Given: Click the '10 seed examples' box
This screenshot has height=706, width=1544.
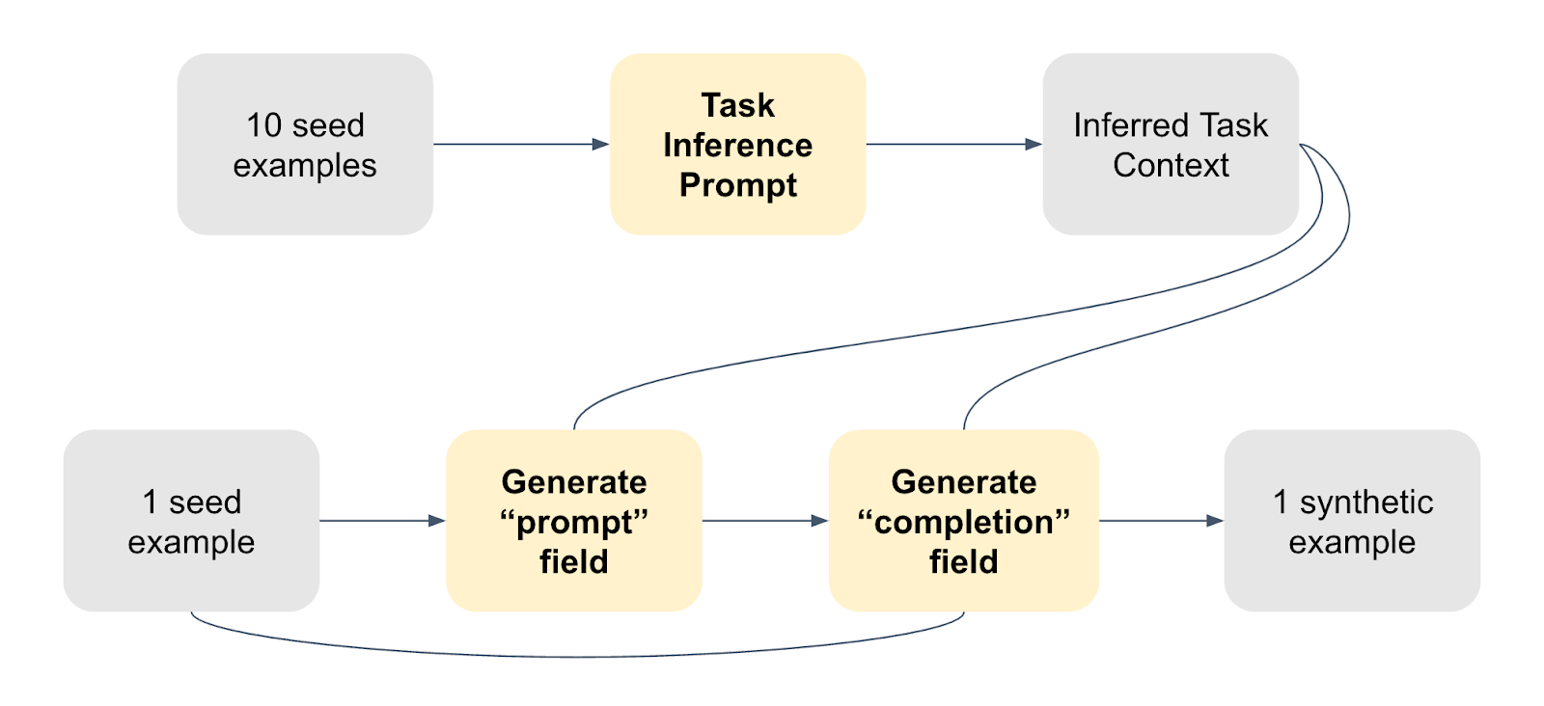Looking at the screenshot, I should (x=305, y=145).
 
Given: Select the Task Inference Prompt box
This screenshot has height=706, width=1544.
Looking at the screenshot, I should (x=737, y=145).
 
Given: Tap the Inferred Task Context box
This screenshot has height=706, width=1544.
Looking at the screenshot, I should (x=1170, y=145).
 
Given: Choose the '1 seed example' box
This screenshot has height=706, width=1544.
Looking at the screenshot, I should (x=191, y=521).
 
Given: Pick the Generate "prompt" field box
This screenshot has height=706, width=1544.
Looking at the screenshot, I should (x=573, y=521).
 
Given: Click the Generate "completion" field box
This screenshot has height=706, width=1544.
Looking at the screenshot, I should (x=963, y=521).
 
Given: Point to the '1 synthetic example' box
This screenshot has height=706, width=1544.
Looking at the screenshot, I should (x=1351, y=521).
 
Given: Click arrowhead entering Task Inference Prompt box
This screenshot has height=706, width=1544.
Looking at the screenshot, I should (x=601, y=145).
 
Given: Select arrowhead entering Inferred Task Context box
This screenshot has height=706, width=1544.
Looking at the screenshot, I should (x=1034, y=145).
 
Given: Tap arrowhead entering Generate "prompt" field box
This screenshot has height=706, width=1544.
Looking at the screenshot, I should (x=437, y=521).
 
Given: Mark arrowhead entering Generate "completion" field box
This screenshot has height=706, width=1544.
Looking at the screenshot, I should (x=820, y=521).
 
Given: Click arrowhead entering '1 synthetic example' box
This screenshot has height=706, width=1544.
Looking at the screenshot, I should (x=1215, y=521).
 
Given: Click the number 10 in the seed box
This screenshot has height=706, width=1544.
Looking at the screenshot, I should (x=263, y=125).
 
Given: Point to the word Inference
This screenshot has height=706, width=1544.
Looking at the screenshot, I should (x=737, y=146).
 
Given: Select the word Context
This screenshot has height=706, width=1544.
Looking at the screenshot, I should (x=1171, y=166).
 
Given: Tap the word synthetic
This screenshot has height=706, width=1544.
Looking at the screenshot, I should (x=1365, y=502).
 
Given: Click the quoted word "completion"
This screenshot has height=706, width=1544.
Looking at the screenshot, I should (x=963, y=522).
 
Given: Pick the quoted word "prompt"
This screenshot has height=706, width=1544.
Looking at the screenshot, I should (x=573, y=522).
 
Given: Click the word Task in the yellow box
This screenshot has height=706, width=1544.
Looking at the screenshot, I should (x=737, y=105).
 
